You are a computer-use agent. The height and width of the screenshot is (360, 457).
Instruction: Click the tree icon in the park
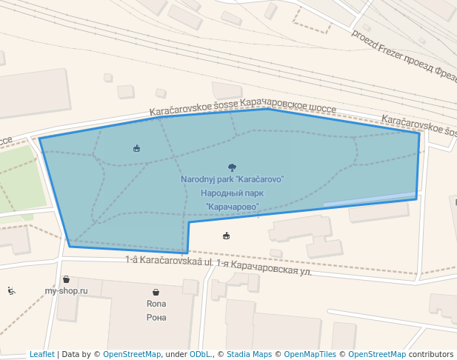tap(233, 167)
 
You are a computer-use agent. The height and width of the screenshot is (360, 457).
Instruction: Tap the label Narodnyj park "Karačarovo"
tap(233, 179)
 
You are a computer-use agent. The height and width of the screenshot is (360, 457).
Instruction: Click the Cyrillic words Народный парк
tap(233, 193)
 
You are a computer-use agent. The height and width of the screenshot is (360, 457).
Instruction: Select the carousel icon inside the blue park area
tap(136, 148)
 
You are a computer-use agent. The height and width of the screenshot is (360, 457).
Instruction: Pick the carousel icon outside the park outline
tap(226, 236)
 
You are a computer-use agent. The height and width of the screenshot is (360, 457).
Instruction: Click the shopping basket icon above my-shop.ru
tap(67, 279)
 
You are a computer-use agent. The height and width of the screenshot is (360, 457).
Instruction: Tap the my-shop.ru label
tap(66, 291)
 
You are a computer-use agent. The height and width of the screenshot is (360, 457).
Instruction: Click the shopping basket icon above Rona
tap(156, 293)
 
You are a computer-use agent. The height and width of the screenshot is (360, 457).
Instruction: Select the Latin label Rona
tap(156, 304)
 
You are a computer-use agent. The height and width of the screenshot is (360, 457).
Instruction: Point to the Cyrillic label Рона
tap(156, 318)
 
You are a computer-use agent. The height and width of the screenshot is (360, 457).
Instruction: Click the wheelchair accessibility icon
tap(11, 290)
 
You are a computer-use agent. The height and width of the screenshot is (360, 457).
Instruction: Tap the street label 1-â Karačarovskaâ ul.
tap(169, 261)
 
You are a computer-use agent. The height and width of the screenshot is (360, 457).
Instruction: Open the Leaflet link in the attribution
tap(41, 354)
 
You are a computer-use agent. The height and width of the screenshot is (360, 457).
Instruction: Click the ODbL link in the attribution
tap(200, 354)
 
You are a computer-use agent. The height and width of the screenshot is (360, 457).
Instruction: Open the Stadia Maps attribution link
tap(249, 354)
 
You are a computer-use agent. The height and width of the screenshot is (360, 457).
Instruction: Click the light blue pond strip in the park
tap(369, 199)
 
